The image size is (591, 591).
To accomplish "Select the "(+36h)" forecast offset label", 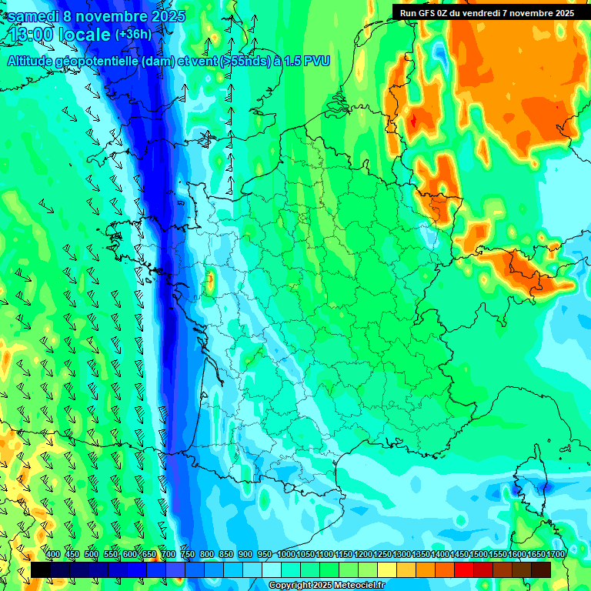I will (133, 35).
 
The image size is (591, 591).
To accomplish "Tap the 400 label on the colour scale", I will (53, 554).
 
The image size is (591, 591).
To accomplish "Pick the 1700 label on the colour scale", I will (555, 554).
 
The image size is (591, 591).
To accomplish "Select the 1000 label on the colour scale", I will (285, 554).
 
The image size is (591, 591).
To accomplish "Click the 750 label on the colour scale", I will (187, 554).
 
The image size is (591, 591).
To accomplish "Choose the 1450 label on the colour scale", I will (459, 554).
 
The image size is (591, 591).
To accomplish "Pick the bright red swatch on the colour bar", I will (464, 569).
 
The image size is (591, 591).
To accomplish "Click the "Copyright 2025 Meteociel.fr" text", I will (327, 586).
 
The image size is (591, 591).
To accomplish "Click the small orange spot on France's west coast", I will (209, 279).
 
